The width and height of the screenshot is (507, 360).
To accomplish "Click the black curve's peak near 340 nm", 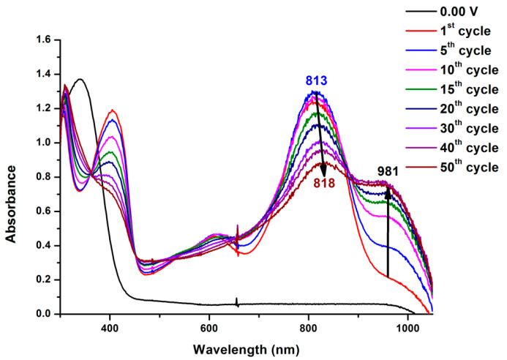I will click(80, 79).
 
